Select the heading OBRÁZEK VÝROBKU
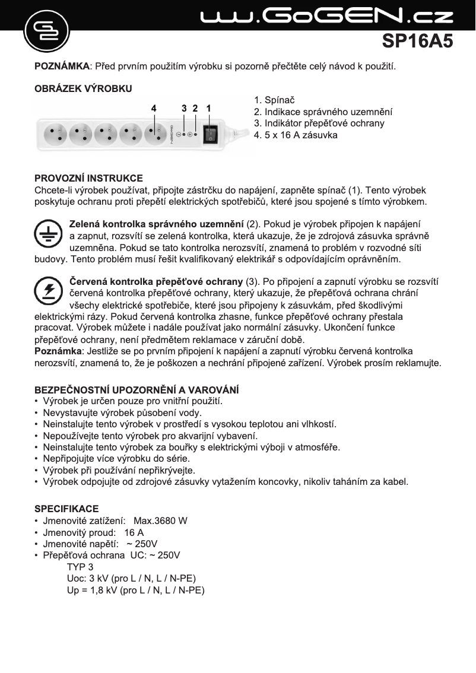point(83,88)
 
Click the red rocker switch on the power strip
point(209,134)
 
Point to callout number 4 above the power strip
point(154,109)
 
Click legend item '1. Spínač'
point(274,100)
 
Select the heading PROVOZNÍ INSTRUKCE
point(88,179)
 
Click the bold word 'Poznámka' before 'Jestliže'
point(57,351)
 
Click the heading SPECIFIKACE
point(66,509)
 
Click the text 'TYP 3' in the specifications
point(80,567)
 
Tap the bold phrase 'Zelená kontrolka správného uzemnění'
point(157,224)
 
